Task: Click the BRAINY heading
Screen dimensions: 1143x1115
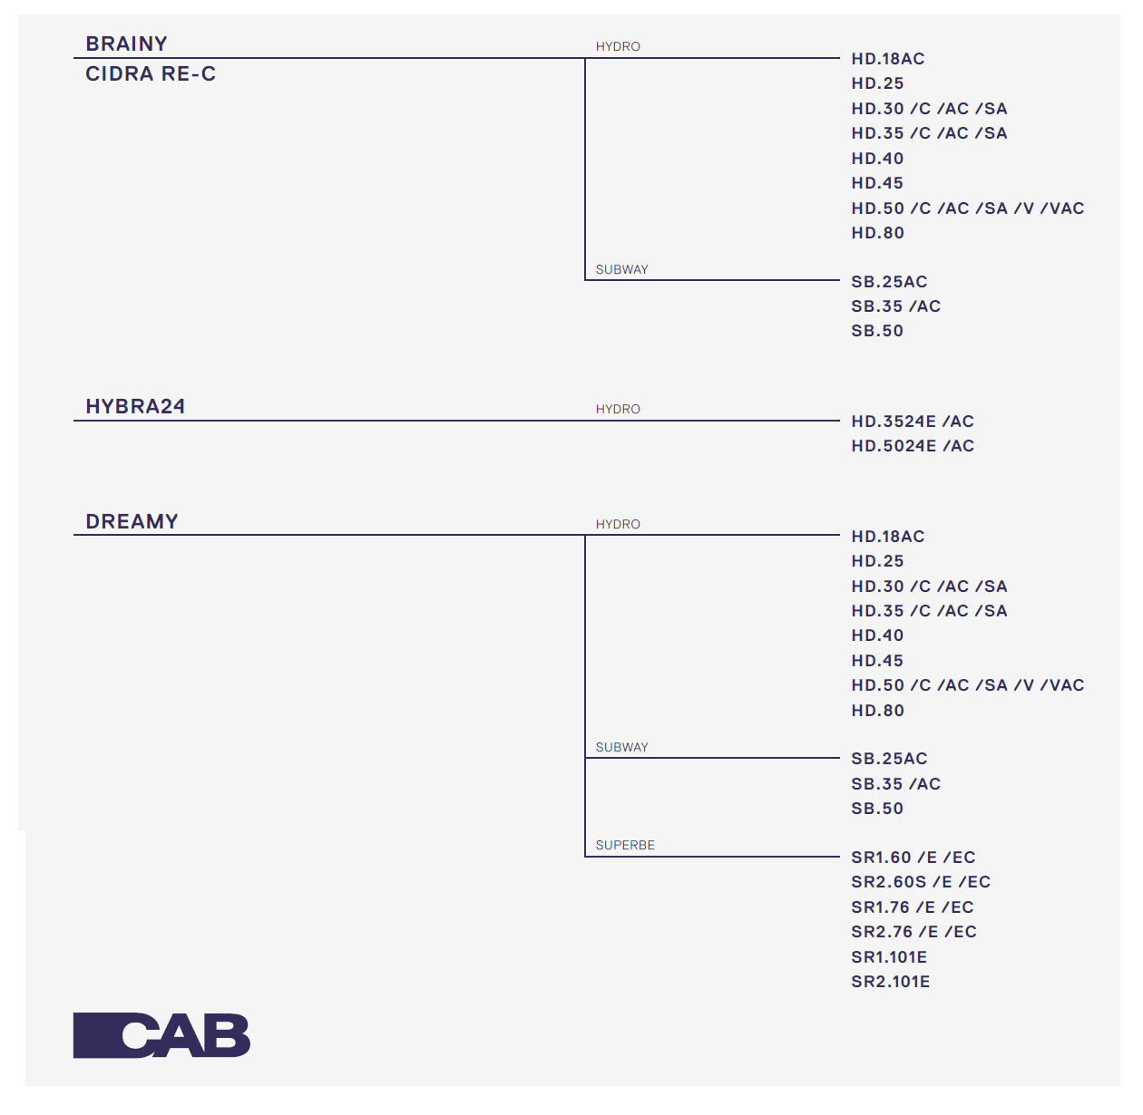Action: click(x=126, y=44)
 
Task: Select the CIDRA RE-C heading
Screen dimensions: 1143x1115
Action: click(x=151, y=74)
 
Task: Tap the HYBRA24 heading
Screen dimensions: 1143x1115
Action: click(x=135, y=406)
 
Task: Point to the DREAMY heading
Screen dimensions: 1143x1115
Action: click(x=132, y=521)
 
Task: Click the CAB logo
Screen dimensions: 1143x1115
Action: click(x=161, y=1035)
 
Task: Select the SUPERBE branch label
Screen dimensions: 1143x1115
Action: click(x=625, y=845)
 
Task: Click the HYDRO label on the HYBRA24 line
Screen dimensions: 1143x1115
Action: click(x=618, y=409)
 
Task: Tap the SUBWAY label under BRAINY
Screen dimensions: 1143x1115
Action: click(x=622, y=269)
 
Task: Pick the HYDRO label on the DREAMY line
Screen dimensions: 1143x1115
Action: click(x=618, y=524)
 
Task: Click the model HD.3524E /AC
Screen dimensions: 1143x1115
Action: click(x=913, y=422)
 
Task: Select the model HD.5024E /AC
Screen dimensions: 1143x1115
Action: click(x=913, y=446)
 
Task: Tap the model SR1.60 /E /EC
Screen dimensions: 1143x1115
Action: click(x=913, y=858)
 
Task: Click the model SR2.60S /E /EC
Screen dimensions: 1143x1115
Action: click(x=921, y=882)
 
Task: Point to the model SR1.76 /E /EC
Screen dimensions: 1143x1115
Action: click(x=913, y=907)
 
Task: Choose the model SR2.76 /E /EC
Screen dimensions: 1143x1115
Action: click(x=913, y=932)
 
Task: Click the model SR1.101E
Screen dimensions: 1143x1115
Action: click(x=889, y=957)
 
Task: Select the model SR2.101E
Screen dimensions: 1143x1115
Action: click(x=891, y=982)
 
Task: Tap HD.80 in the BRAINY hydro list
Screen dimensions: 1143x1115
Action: click(x=877, y=233)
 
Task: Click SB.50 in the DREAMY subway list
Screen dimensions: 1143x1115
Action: click(x=877, y=809)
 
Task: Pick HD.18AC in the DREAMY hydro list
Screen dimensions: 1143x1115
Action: click(x=888, y=537)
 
